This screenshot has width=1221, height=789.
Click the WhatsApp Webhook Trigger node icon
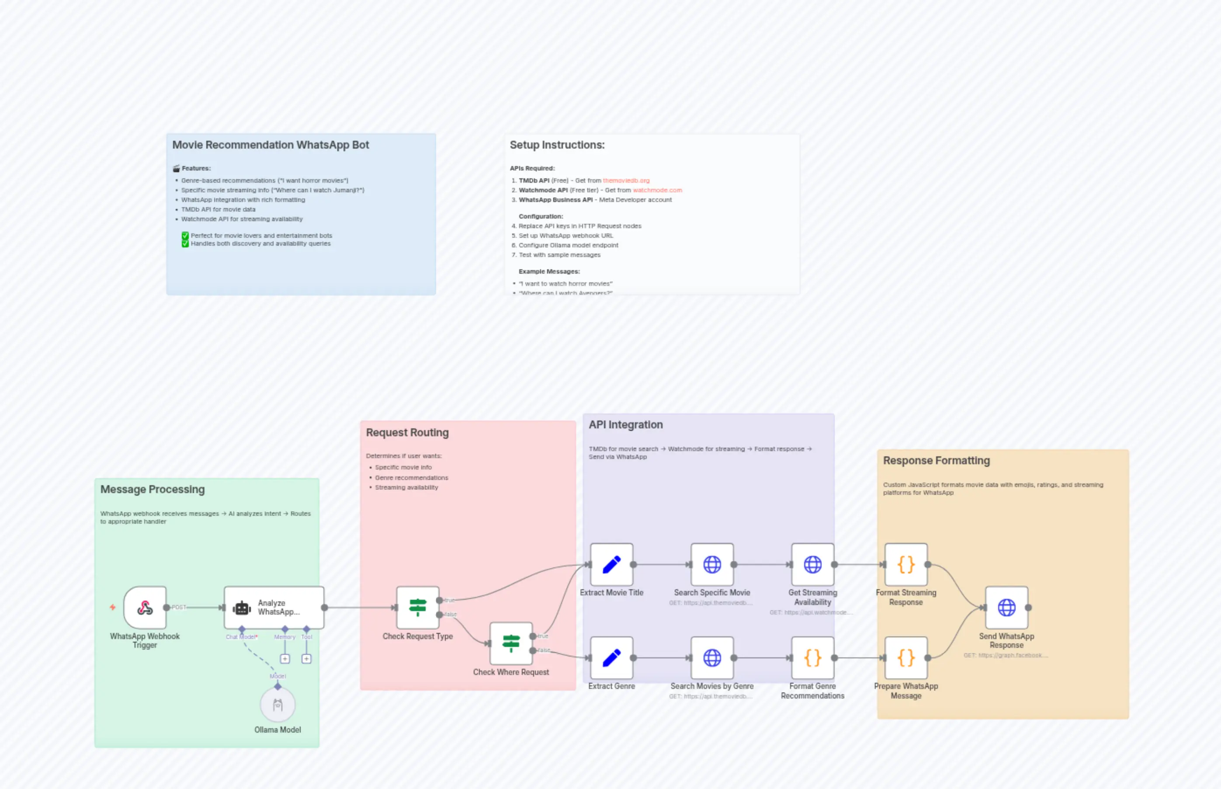(x=145, y=608)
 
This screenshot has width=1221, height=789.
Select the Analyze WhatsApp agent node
(x=274, y=608)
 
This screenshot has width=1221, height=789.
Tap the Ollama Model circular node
(x=277, y=705)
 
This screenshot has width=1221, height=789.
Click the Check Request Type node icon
(x=418, y=608)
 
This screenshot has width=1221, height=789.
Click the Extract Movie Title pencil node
(x=611, y=565)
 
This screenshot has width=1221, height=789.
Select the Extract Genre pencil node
(x=611, y=658)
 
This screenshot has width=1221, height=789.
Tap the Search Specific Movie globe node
(x=712, y=565)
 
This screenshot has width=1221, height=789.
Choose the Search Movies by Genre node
(x=712, y=658)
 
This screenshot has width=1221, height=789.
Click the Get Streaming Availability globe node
(x=813, y=565)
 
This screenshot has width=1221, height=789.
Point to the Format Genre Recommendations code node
(x=813, y=658)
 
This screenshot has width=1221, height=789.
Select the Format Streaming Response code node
(x=906, y=565)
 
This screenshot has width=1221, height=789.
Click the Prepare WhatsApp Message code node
(x=906, y=658)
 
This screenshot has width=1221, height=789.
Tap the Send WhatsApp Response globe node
(x=1006, y=608)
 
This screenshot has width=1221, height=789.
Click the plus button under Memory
(x=285, y=659)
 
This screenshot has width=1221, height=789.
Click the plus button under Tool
(x=306, y=659)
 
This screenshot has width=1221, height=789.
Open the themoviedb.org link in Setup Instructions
(x=626, y=181)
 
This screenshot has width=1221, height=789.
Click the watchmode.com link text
(x=657, y=190)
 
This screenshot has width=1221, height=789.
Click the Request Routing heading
(x=407, y=432)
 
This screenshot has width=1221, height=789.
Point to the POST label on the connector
(x=179, y=607)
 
